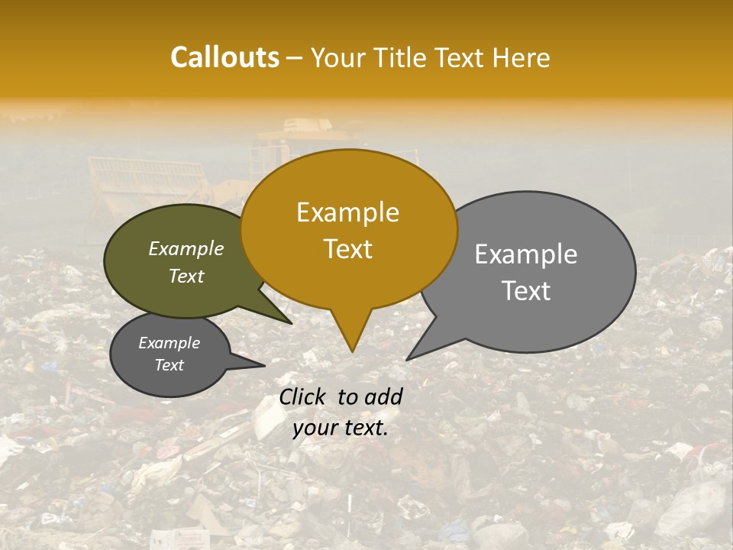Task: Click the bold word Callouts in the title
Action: [224, 57]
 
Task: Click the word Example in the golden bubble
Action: [347, 212]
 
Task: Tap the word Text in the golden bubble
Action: [348, 249]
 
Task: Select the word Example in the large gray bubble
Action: [526, 254]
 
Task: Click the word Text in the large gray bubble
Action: [526, 291]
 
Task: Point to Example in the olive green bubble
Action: [186, 248]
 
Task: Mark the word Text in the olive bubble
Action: [186, 276]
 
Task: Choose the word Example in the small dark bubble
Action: [170, 343]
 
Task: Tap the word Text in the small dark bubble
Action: [170, 365]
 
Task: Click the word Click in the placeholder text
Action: [304, 396]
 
